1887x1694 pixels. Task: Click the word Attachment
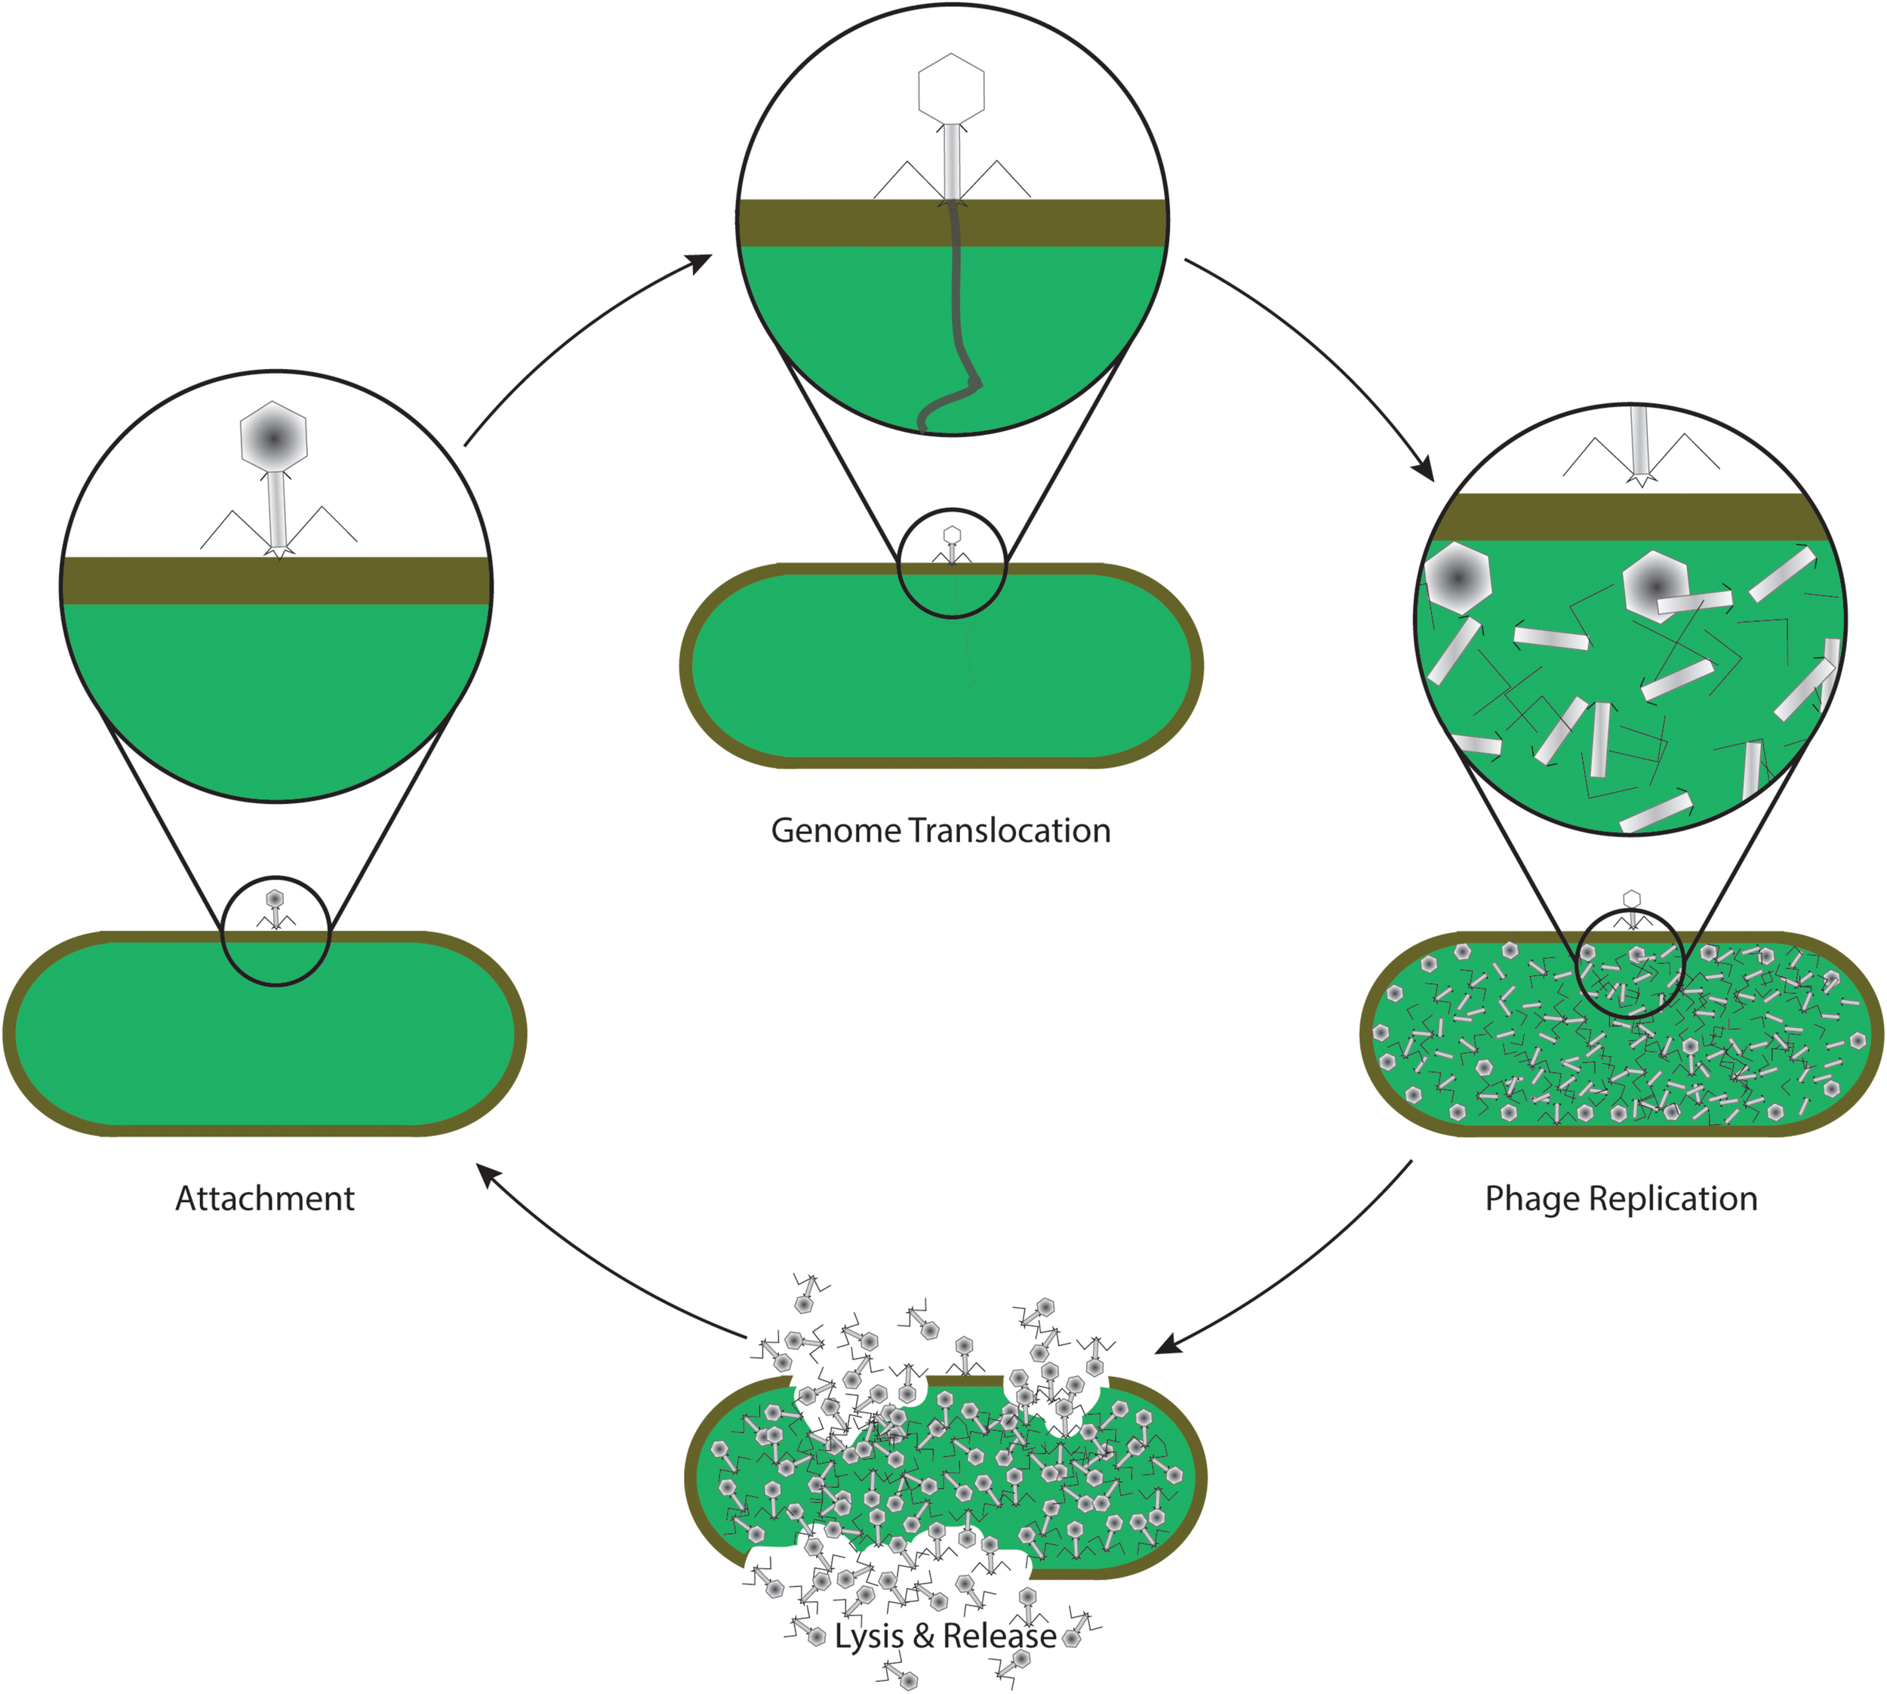pos(265,1199)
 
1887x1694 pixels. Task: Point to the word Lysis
pos(868,1637)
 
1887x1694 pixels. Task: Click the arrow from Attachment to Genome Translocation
pos(577,335)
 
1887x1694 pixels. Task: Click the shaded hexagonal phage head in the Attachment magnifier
pos(273,436)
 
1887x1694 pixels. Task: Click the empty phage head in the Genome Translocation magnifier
pos(951,88)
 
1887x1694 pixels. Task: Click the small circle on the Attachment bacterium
pos(276,931)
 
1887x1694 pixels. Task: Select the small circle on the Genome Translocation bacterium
pos(952,562)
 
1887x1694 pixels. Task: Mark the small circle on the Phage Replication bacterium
pos(1632,963)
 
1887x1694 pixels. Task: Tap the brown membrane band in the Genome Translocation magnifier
pos(837,223)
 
